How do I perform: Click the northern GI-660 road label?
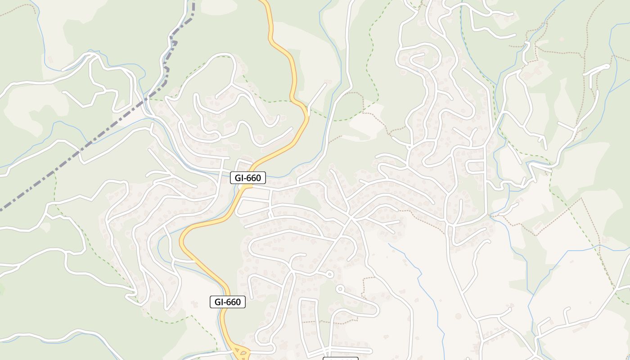[247, 178]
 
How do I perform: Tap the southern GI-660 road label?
[228, 302]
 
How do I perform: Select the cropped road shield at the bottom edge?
[341, 359]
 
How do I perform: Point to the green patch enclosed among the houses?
[306, 198]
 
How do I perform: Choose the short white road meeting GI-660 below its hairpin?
[184, 261]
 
